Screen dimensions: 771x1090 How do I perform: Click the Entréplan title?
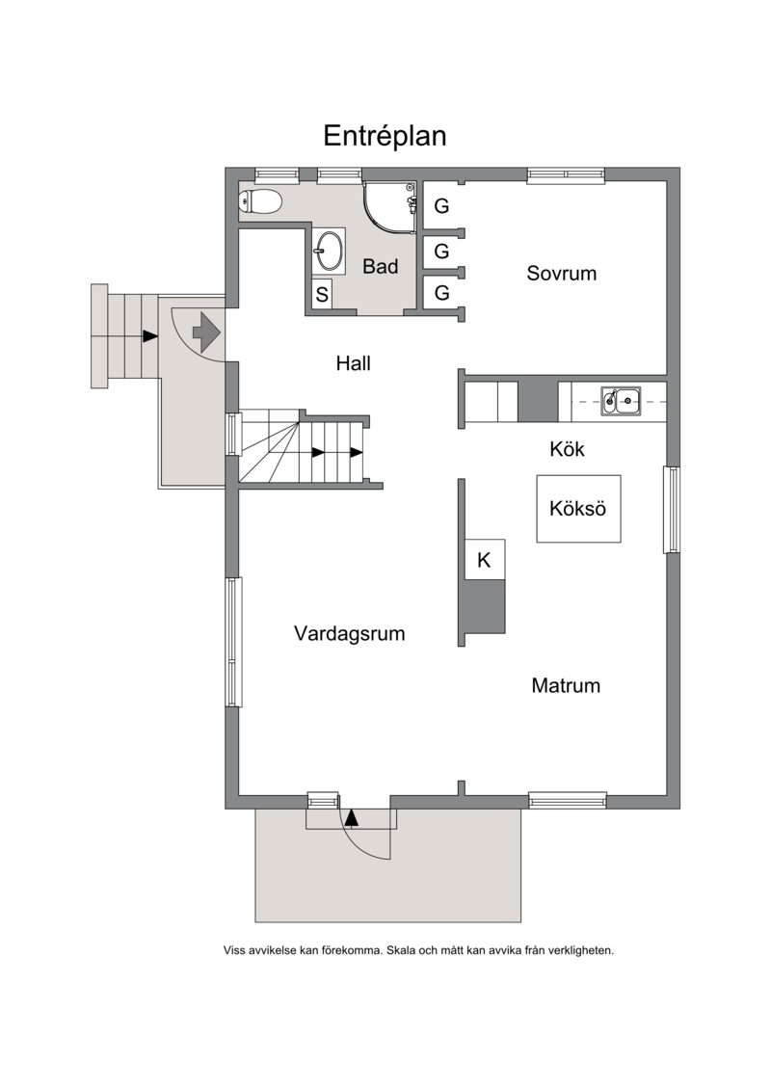tap(385, 136)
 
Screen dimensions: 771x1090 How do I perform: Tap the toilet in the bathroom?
tap(260, 202)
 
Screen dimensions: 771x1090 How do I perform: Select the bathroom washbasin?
tap(328, 251)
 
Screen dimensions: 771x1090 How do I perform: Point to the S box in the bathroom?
tap(322, 295)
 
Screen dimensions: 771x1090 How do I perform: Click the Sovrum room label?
tap(561, 273)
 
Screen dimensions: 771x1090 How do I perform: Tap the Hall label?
tap(353, 363)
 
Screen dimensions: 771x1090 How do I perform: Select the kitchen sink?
tap(620, 400)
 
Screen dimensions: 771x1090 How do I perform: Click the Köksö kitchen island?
tap(578, 508)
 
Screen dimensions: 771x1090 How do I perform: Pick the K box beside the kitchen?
tap(485, 559)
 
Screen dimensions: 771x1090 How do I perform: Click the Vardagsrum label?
tap(349, 633)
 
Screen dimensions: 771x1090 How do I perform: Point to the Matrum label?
tap(565, 685)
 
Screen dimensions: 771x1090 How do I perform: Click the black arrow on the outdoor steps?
tap(149, 335)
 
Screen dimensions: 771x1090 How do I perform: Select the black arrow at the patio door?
tap(351, 817)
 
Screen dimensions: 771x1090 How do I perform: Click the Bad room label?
tap(381, 266)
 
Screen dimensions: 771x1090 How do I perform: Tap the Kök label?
tap(567, 449)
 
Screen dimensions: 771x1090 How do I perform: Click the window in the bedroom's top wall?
tap(565, 174)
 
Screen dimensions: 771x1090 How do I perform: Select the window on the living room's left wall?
tap(233, 642)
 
